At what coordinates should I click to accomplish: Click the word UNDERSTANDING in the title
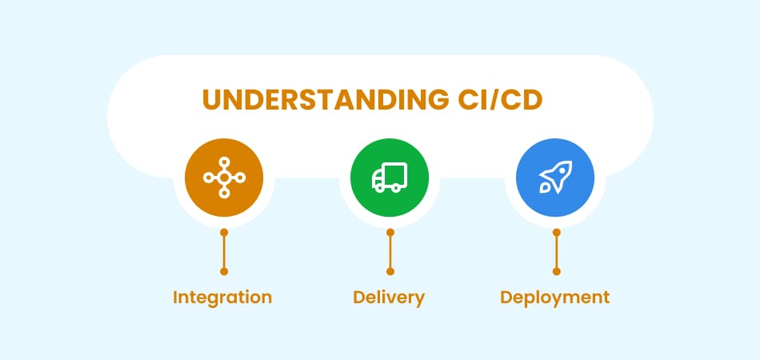click(x=326, y=100)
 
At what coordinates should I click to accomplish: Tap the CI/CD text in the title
click(x=501, y=100)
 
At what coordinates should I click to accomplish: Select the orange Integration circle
click(x=224, y=178)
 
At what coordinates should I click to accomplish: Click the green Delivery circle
click(x=390, y=178)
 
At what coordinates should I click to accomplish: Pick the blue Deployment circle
click(x=555, y=178)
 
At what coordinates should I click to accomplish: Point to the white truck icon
click(x=390, y=178)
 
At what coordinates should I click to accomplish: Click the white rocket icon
click(x=555, y=178)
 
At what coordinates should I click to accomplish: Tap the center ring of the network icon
click(x=224, y=178)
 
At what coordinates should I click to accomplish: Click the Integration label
click(x=222, y=298)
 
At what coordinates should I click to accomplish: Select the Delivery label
click(x=389, y=298)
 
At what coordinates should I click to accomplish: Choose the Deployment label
click(x=555, y=298)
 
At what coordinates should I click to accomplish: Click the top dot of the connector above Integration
click(x=224, y=233)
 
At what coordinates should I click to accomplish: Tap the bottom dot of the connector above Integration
click(x=224, y=271)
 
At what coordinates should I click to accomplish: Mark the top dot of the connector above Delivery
click(x=390, y=233)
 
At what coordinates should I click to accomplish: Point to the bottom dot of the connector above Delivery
click(x=390, y=271)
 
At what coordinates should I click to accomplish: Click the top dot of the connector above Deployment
click(x=557, y=233)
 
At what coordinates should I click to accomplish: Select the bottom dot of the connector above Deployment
click(x=557, y=271)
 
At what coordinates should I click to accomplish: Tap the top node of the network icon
click(x=224, y=162)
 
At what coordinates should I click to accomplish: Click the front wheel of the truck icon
click(x=397, y=188)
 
